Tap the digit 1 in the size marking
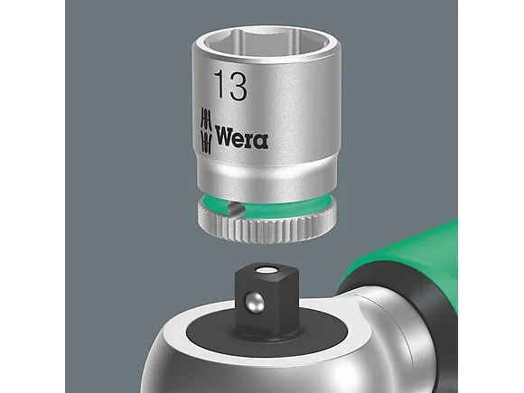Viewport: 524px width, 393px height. point(220,85)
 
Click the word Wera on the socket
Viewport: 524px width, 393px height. point(241,136)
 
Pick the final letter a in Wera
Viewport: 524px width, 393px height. point(261,141)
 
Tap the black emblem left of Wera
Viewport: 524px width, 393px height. point(206,131)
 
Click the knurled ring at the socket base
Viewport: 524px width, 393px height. point(267,229)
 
